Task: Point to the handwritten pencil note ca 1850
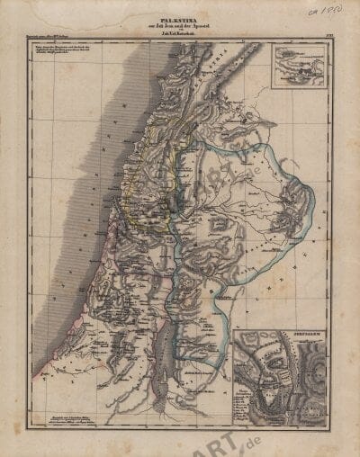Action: point(319,15)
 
